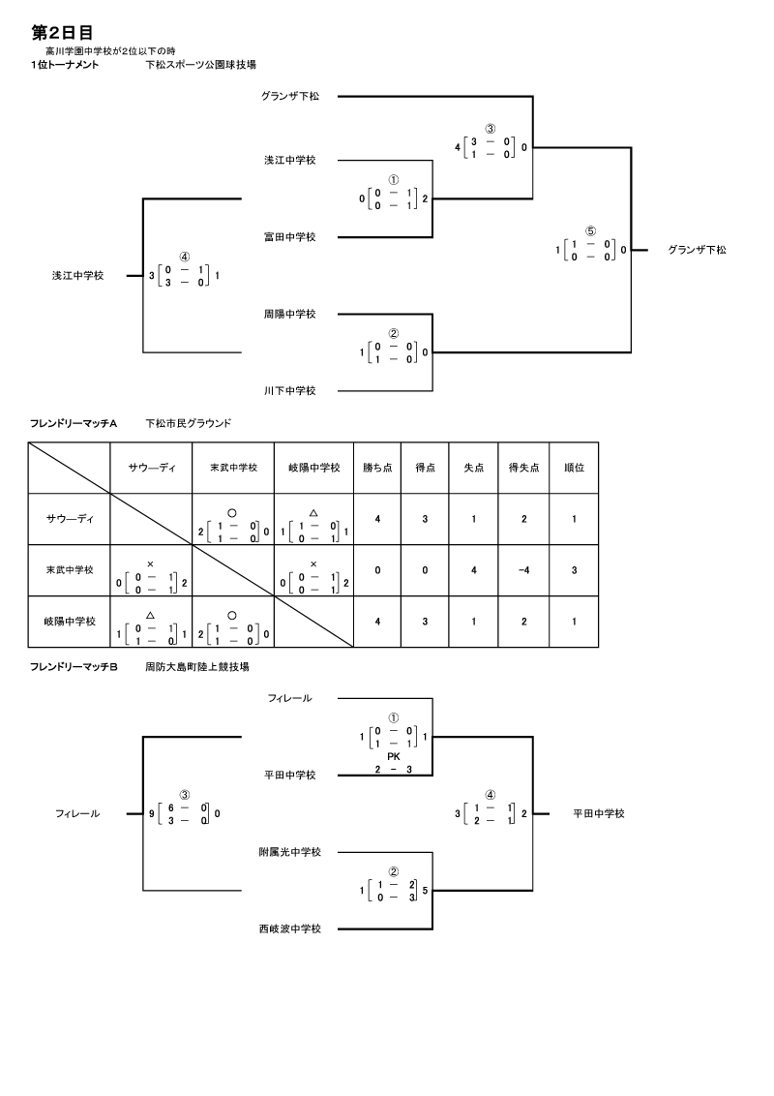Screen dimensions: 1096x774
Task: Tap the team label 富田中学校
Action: point(290,236)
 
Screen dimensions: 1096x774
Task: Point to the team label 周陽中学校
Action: point(290,314)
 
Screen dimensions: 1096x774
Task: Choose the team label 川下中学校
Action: point(290,390)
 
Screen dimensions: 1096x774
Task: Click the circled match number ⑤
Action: point(590,230)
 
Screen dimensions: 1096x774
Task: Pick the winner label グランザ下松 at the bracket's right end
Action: point(697,250)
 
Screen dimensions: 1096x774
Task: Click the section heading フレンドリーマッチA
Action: point(74,423)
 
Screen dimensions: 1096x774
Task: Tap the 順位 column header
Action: point(574,468)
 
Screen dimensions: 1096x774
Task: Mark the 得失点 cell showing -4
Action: point(523,570)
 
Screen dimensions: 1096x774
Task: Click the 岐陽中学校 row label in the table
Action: point(70,622)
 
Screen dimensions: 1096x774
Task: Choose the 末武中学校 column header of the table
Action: point(234,468)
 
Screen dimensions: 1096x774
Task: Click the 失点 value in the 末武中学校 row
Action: point(474,570)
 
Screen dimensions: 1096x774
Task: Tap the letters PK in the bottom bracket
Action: point(393,756)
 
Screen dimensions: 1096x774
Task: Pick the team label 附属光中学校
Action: point(289,852)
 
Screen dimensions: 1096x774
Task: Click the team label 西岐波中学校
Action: point(289,929)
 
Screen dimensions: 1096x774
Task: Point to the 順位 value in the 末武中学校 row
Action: point(574,570)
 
